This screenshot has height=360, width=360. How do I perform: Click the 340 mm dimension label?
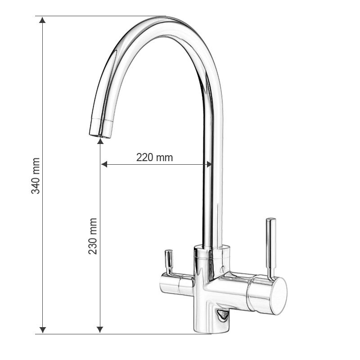point(36,175)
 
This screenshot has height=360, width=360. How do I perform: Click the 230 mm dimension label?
point(93,236)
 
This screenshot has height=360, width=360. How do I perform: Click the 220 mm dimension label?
point(154,157)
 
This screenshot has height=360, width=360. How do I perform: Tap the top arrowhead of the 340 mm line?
point(42,20)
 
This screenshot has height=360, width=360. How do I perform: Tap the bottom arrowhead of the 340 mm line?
point(42,330)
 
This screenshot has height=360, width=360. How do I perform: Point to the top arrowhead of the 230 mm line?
point(100,141)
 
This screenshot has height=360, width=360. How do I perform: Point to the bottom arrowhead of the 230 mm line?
point(100,330)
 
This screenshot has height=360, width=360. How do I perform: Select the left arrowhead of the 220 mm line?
point(104,164)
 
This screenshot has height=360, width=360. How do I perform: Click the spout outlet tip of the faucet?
point(100,130)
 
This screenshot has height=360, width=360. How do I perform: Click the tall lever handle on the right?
point(270,247)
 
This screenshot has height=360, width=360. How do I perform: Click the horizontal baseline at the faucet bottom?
point(135,334)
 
